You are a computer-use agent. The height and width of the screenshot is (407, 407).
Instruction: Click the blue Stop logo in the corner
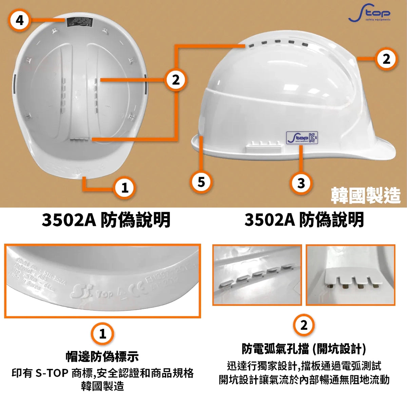coord(369,13)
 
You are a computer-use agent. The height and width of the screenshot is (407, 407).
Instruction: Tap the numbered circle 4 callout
coord(20,20)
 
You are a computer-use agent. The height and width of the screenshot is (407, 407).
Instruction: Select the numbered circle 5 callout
coord(201,182)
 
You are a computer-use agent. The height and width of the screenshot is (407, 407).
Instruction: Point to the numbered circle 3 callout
coord(301,183)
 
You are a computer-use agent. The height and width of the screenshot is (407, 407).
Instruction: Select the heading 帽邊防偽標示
coord(102,356)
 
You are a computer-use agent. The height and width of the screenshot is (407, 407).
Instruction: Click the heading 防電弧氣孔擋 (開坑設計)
coord(304,348)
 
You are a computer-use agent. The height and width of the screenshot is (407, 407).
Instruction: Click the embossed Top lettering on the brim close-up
coord(104,294)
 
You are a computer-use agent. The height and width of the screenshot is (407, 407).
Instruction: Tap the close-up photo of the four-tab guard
coord(350,275)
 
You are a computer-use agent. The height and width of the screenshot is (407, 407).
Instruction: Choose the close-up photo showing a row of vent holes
coord(257,275)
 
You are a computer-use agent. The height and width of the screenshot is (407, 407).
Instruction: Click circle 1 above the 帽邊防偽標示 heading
coord(102,334)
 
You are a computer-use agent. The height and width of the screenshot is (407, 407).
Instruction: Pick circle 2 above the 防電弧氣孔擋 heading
coord(304,325)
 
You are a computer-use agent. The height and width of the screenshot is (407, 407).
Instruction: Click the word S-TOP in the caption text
coord(52,373)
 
